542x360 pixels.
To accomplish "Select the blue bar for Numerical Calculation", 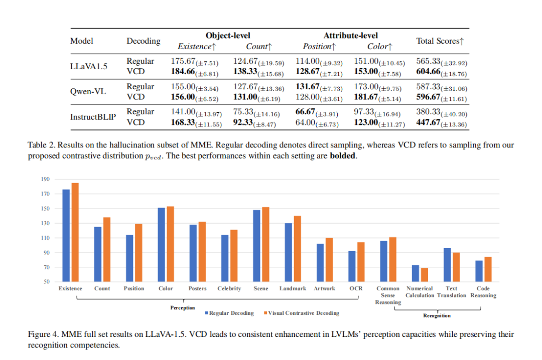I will (x=415, y=273).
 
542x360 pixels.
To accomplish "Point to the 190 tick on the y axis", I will (x=45, y=179).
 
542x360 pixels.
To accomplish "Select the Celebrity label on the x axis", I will (x=229, y=289).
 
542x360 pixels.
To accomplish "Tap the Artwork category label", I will (x=324, y=289).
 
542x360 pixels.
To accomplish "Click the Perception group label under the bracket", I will (x=182, y=308).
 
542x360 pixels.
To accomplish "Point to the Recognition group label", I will (x=437, y=315).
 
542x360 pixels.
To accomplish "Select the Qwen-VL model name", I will (x=85, y=92).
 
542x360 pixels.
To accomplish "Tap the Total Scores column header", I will (x=440, y=41).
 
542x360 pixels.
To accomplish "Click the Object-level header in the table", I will (x=228, y=36).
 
